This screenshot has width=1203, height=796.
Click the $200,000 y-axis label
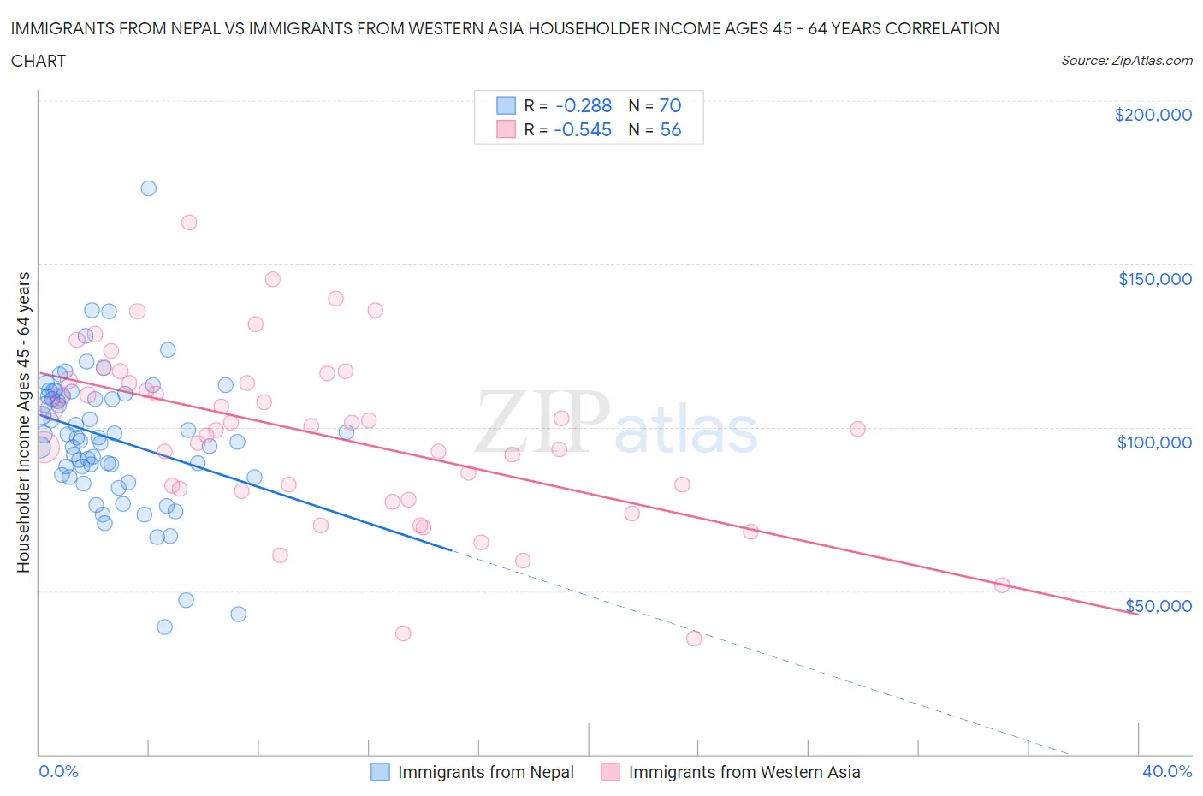(1153, 115)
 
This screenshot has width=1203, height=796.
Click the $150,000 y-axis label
(1154, 279)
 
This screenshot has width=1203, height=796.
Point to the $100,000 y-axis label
(1154, 443)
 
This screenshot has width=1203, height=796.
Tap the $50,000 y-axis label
(1158, 606)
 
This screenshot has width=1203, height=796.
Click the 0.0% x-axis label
(58, 771)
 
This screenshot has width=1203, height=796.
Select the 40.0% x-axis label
(1167, 771)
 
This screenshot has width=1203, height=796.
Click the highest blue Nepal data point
(148, 188)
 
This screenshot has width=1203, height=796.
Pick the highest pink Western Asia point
(189, 223)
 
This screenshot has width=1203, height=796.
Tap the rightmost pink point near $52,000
(1002, 585)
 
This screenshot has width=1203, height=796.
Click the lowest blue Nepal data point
(165, 627)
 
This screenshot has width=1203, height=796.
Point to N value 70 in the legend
(670, 105)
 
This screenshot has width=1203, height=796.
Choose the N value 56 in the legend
(670, 129)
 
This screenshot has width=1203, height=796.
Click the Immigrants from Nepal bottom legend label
(485, 772)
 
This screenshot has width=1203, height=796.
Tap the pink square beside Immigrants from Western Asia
(610, 772)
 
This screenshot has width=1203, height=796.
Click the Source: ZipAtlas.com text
(1126, 60)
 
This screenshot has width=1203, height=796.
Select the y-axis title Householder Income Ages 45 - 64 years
(23, 422)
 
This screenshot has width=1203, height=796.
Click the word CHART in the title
(39, 61)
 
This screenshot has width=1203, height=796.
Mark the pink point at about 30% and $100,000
(857, 429)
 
